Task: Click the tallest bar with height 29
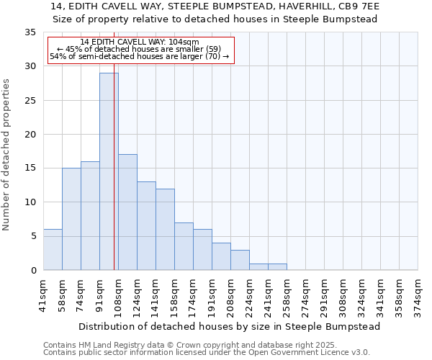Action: pos(109,171)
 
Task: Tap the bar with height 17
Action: pos(127,212)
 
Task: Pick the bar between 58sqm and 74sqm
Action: pos(71,219)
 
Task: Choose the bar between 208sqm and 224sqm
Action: pos(240,260)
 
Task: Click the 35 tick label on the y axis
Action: pos(30,32)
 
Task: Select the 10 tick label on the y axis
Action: pos(30,202)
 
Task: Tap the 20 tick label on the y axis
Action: pos(30,135)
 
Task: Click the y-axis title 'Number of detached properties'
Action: pos(7,155)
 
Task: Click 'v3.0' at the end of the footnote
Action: pos(359,353)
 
